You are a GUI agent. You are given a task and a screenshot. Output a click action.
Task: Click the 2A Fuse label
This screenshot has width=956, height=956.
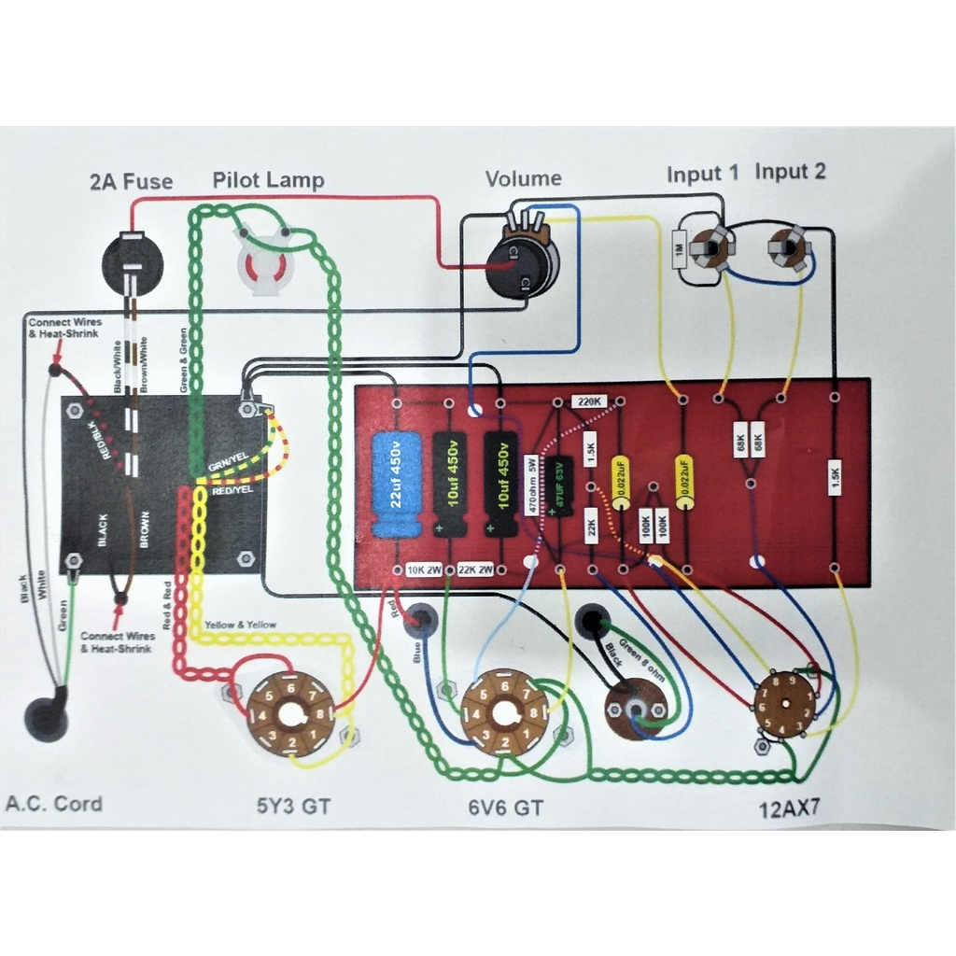pos(131,181)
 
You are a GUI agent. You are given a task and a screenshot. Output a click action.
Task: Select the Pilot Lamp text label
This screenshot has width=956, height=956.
pos(268,179)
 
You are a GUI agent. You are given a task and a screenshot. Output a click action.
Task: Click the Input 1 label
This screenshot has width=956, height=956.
pos(702,174)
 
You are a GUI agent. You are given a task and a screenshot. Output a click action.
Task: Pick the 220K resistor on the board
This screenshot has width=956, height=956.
pos(591,402)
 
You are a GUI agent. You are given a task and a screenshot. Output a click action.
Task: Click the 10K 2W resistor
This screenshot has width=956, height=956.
pos(423,569)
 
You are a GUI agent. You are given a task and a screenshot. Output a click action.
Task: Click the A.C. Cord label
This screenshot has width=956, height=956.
pos(54,804)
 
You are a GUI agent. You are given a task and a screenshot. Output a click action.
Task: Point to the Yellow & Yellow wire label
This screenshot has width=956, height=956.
pos(240,625)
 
